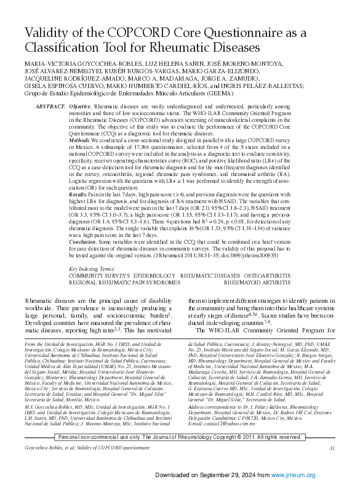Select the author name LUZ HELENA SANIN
point(151,65)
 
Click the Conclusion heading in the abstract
point(82,242)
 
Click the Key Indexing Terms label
point(92,269)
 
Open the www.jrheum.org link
point(297,475)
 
